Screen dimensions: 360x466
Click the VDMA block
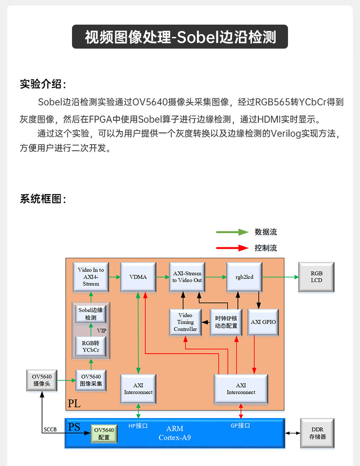point(138,277)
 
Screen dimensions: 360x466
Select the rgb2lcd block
point(244,277)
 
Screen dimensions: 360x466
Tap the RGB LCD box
point(316,277)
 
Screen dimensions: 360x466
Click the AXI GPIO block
point(263,323)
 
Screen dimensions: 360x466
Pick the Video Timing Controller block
point(185,323)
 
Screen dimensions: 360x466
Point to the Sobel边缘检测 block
point(91,314)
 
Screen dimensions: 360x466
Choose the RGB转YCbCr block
point(91,347)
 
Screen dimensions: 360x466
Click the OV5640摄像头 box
point(41,380)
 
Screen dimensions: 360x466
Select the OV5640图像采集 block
point(91,380)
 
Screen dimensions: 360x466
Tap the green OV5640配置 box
point(104,434)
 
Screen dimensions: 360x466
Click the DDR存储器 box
point(317,433)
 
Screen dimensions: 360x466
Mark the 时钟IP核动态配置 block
point(226,323)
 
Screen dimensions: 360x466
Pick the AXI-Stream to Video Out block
point(187,277)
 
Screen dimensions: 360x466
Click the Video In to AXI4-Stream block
point(91,277)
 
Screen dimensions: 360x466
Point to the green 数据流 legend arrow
point(232,232)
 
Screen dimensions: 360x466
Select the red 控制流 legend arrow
point(232,248)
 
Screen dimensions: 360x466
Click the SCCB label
point(50,430)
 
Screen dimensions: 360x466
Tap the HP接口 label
point(138,426)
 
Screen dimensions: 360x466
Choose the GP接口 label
point(240,425)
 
